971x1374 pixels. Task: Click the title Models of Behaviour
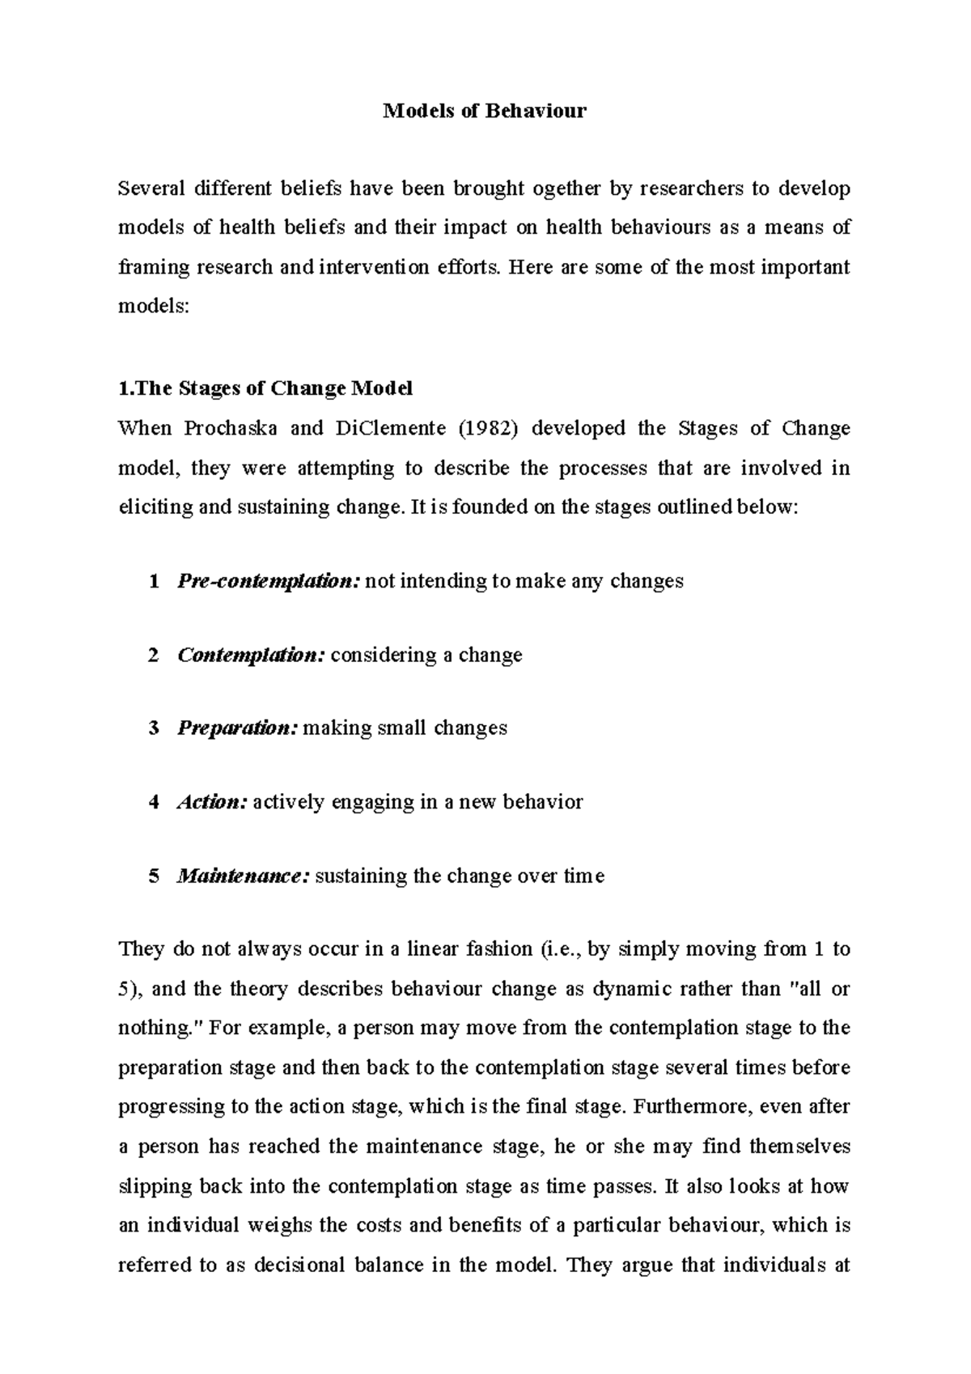(485, 111)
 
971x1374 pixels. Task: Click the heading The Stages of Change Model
(265, 388)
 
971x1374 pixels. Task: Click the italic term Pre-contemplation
(268, 581)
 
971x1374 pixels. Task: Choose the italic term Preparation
(238, 728)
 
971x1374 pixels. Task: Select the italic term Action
(211, 803)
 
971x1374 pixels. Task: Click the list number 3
(154, 728)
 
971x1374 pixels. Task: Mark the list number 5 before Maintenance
(154, 876)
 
